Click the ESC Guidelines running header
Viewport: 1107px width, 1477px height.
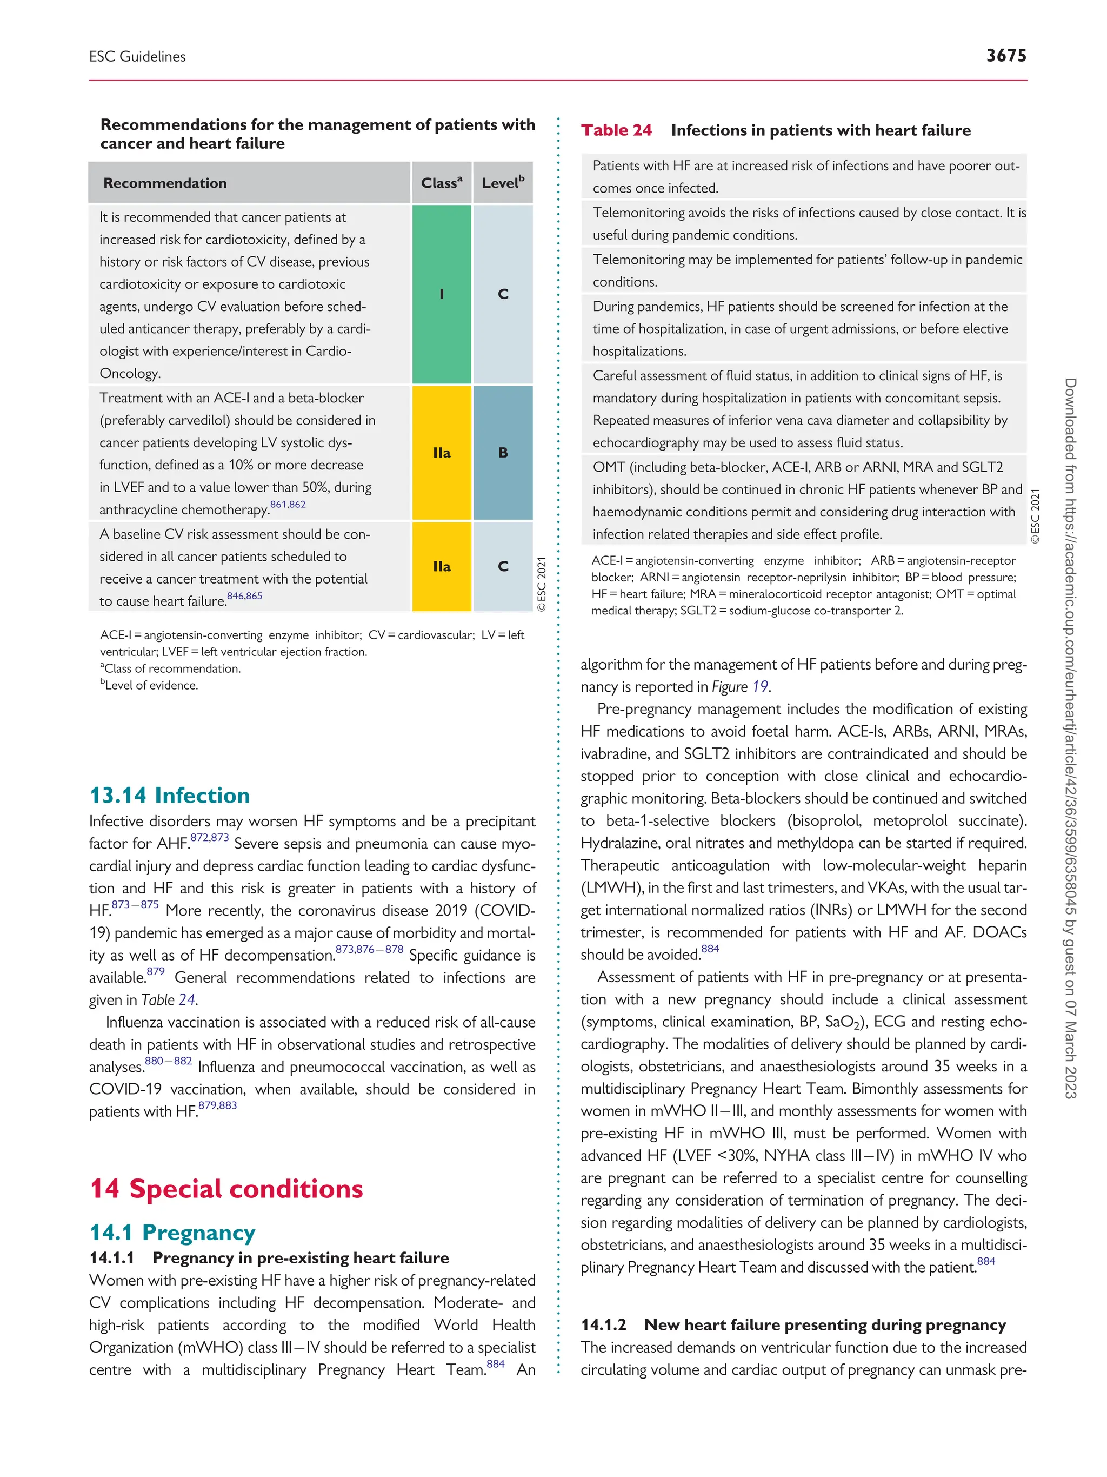137,57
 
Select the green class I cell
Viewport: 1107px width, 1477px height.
441,294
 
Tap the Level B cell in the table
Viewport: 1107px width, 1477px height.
503,453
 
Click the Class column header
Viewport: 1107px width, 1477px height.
441,183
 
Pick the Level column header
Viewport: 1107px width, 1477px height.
503,183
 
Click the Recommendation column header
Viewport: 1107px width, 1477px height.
165,183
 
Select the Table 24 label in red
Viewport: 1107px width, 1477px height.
616,130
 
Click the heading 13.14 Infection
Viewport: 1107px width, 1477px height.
170,795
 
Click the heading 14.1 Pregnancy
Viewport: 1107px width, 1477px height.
172,1232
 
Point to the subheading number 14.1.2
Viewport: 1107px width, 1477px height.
603,1325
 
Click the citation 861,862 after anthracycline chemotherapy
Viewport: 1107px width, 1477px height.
288,505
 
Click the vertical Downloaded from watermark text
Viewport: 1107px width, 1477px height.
1070,734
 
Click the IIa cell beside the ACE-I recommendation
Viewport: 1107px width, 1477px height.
441,453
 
